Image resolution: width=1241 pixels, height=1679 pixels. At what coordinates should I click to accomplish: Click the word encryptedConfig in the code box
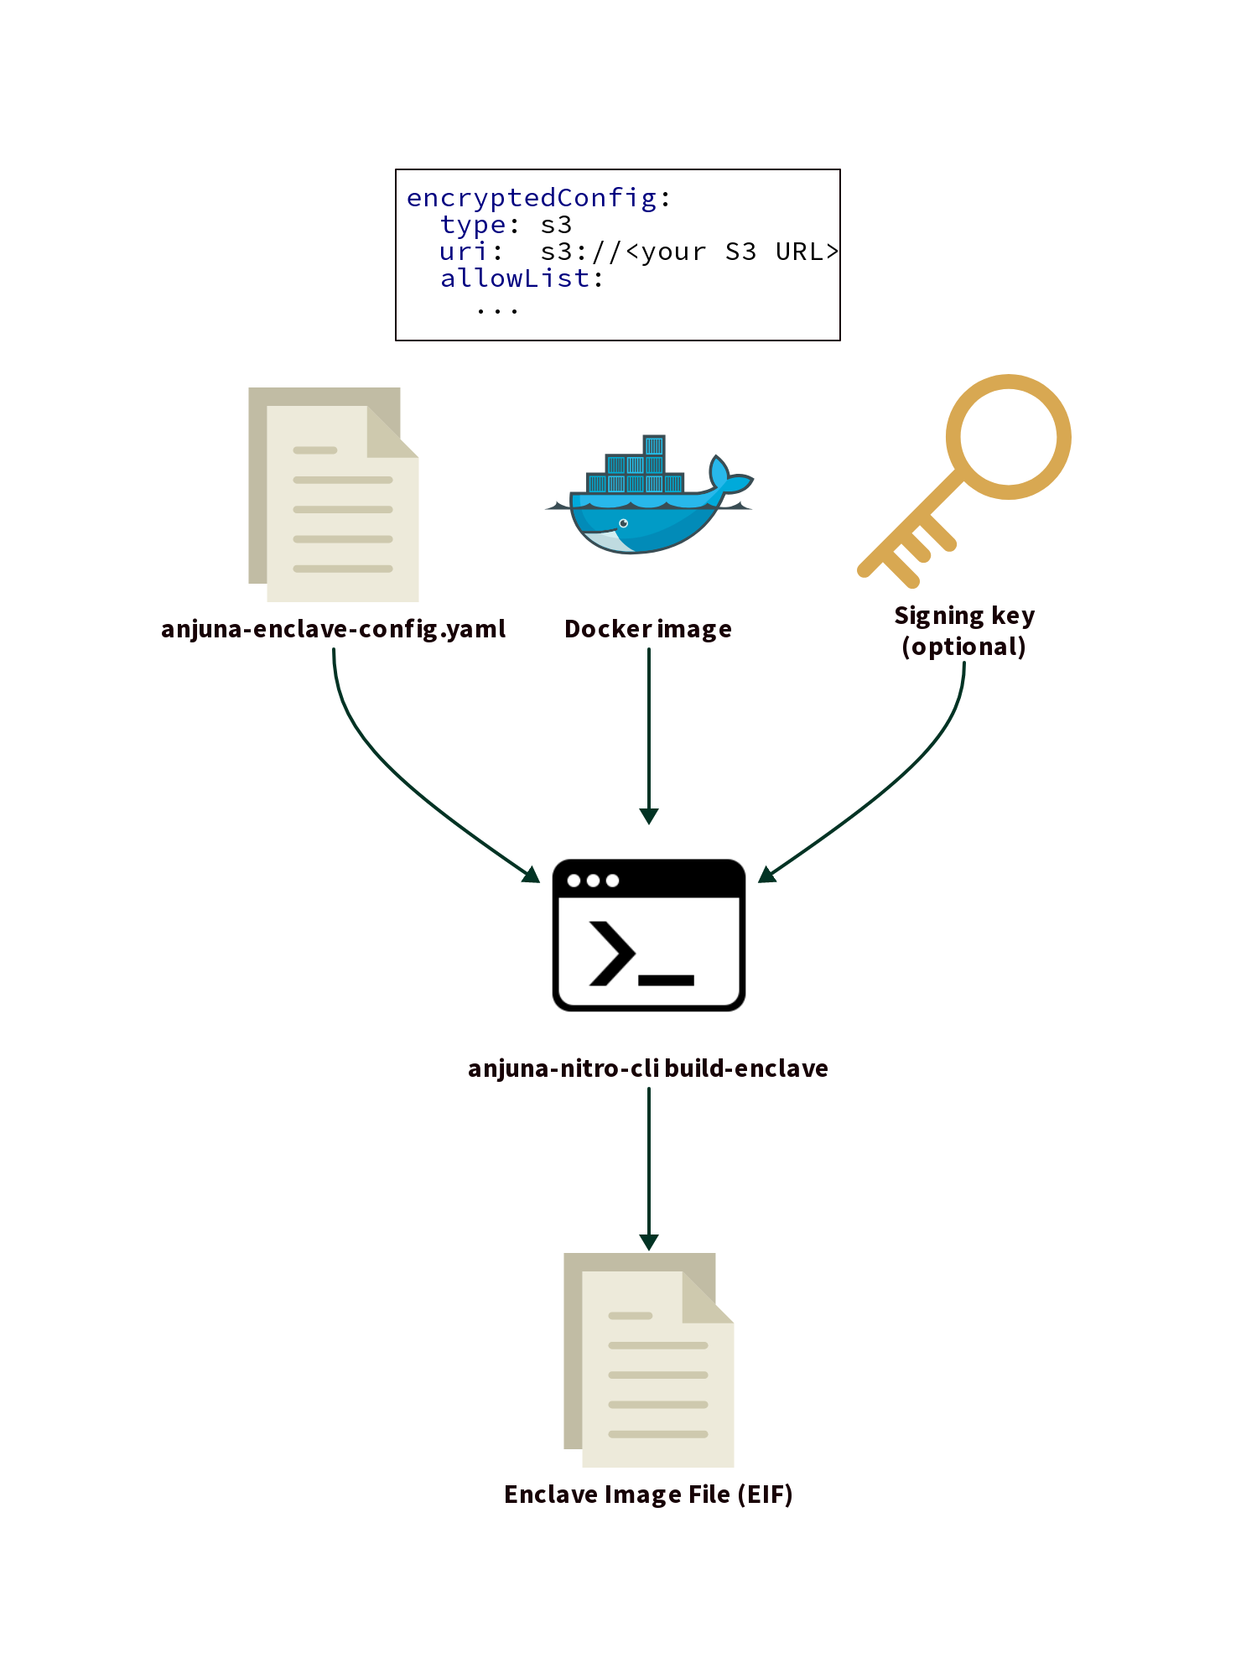(x=532, y=199)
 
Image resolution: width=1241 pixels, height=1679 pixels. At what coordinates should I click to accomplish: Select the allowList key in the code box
(x=515, y=278)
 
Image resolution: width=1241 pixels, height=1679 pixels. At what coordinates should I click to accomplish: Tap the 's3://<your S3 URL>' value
(x=688, y=252)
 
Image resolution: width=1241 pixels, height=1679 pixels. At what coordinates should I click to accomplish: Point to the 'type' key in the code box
(x=473, y=225)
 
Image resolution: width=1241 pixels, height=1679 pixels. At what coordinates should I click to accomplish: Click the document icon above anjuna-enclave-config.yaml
(x=334, y=495)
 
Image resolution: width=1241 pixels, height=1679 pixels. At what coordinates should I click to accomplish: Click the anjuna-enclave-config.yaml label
(x=333, y=629)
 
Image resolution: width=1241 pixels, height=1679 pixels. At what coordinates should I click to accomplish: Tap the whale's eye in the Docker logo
(x=624, y=523)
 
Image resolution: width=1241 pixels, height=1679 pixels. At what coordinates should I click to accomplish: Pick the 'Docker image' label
(x=648, y=629)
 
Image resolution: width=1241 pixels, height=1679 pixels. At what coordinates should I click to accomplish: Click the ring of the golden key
(x=1009, y=436)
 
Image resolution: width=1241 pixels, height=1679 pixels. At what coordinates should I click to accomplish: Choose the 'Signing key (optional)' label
(x=964, y=631)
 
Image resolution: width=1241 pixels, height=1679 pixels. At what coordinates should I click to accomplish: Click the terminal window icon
(x=649, y=935)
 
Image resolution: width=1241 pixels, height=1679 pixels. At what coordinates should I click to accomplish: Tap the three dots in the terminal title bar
(x=593, y=881)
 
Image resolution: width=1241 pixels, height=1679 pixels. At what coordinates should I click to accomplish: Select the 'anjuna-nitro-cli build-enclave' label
(x=648, y=1068)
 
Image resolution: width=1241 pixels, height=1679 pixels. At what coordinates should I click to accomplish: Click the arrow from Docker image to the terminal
(x=649, y=738)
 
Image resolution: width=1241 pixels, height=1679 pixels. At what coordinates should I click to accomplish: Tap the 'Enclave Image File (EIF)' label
(x=648, y=1494)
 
